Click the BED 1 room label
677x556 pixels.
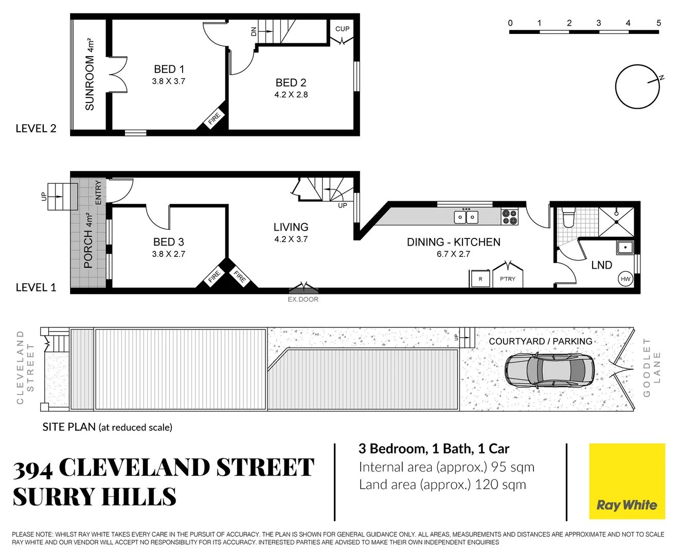tap(169, 69)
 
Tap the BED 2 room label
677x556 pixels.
tap(291, 83)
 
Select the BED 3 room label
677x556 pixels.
tap(168, 242)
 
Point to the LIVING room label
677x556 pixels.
tap(291, 227)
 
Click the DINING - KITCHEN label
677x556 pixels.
tap(453, 242)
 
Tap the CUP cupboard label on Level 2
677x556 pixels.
tap(342, 29)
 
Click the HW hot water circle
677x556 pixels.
tap(625, 279)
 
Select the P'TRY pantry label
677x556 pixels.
tap(507, 279)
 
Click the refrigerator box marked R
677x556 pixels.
tap(480, 279)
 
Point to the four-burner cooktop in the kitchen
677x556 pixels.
tap(509, 217)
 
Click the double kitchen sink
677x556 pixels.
tap(466, 217)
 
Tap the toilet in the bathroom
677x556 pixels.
tap(568, 218)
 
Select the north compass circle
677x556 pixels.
tap(637, 86)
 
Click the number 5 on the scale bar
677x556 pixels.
tap(658, 23)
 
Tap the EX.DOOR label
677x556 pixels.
tap(302, 299)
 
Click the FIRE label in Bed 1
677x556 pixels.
tap(214, 119)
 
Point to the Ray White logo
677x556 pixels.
tap(627, 481)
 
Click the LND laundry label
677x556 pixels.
tap(601, 265)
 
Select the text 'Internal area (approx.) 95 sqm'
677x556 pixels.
tap(447, 467)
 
